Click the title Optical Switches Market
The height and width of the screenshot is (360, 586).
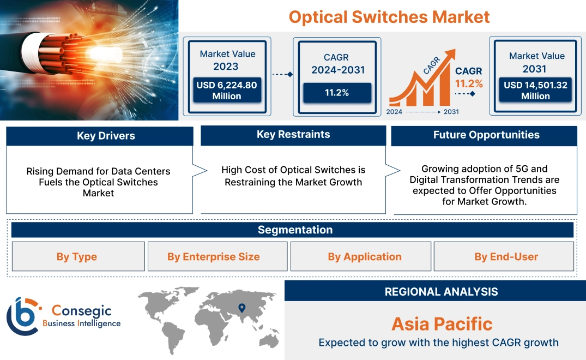[389, 16]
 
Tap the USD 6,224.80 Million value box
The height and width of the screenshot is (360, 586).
[227, 91]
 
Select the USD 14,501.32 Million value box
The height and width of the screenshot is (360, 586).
[535, 91]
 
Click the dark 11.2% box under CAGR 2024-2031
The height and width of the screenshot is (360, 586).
[336, 93]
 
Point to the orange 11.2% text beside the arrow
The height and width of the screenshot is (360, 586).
[469, 83]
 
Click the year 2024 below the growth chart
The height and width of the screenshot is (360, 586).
[395, 112]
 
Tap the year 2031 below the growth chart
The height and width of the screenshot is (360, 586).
[451, 112]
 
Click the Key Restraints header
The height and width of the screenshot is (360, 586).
[293, 135]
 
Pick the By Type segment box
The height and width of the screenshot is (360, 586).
[77, 256]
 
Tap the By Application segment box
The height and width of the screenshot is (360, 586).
[364, 256]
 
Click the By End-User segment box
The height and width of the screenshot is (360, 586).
[506, 256]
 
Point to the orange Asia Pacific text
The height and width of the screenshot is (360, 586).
[442, 324]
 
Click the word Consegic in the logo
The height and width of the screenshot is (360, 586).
[81, 311]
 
